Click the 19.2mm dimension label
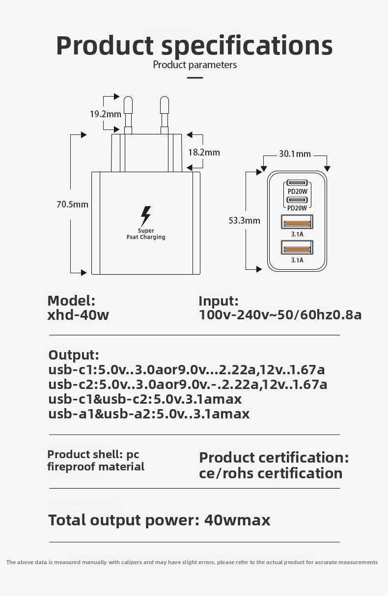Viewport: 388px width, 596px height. click(x=105, y=114)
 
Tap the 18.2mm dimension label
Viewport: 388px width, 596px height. click(x=204, y=152)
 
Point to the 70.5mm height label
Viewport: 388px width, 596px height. click(x=72, y=204)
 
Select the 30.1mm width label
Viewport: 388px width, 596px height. click(x=295, y=154)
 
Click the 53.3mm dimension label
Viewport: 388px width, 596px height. click(x=244, y=220)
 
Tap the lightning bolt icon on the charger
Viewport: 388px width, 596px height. click(x=146, y=216)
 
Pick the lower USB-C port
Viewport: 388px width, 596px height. click(x=297, y=200)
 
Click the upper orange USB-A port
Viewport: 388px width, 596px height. click(x=297, y=223)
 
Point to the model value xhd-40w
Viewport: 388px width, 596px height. click(x=78, y=315)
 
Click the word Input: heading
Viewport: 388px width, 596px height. click(x=219, y=301)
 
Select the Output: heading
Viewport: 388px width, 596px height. click(x=74, y=355)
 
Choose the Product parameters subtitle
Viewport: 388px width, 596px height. click(x=195, y=65)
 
